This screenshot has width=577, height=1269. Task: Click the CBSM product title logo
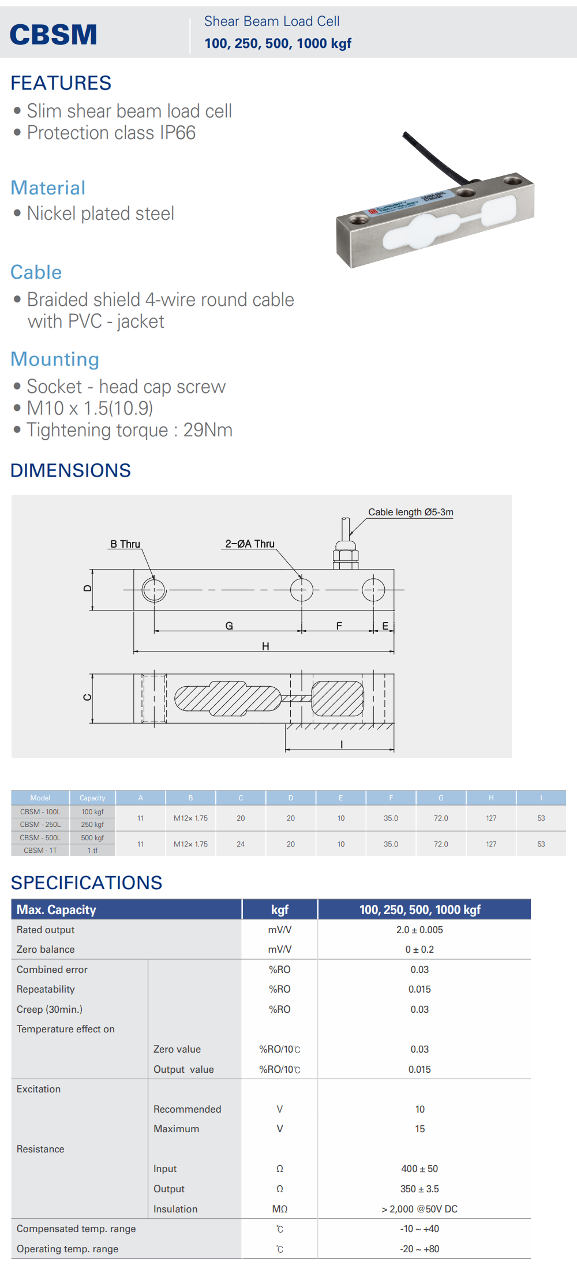click(x=53, y=35)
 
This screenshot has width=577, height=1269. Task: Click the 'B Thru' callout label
click(x=125, y=544)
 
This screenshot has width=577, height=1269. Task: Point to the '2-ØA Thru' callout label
click(x=250, y=544)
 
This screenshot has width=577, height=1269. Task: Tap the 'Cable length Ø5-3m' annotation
click(x=411, y=512)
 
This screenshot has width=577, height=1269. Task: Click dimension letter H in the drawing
click(x=265, y=646)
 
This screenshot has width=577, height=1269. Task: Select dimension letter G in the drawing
click(x=229, y=626)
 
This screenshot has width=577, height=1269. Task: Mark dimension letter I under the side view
click(x=342, y=744)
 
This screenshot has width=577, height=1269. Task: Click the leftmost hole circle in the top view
click(x=154, y=590)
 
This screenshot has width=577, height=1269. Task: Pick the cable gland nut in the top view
click(x=346, y=556)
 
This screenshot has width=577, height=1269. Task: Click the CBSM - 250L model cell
click(x=40, y=825)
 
